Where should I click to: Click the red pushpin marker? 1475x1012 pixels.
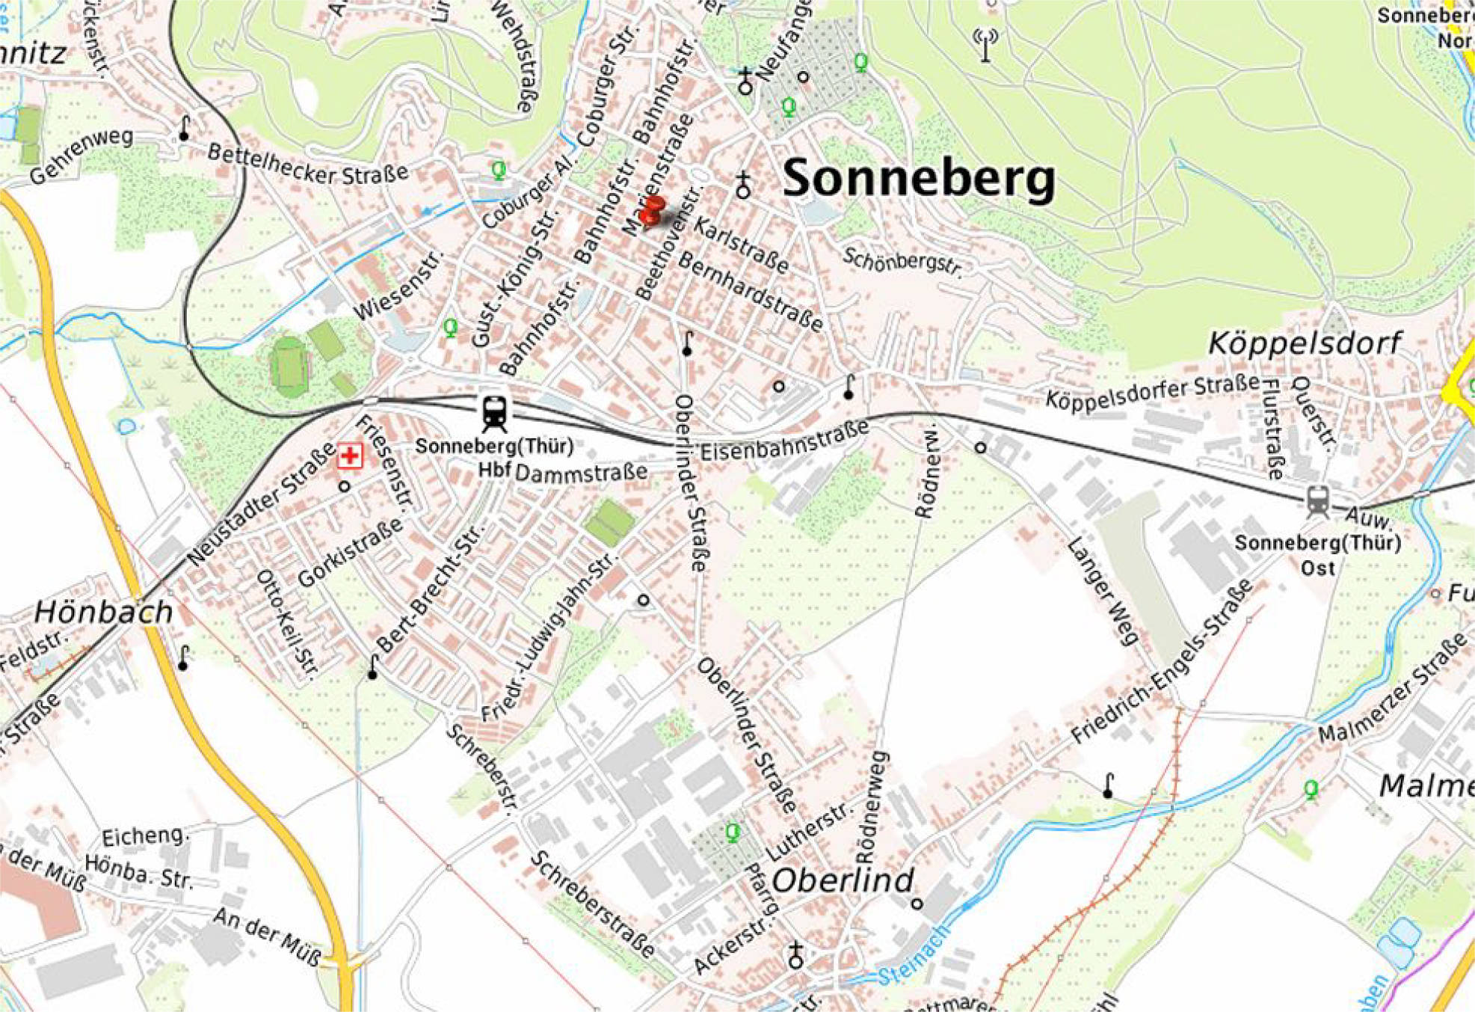(652, 209)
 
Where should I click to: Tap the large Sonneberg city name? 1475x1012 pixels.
(919, 179)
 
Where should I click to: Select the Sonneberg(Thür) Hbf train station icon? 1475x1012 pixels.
(494, 413)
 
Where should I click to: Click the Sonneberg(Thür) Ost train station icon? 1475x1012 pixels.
(1318, 502)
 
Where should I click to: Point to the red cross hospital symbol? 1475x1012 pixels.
(349, 455)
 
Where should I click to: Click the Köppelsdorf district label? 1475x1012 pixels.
(1305, 343)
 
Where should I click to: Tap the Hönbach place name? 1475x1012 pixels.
(104, 613)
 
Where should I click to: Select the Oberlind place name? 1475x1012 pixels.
(843, 880)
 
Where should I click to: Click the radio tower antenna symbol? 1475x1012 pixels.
(985, 45)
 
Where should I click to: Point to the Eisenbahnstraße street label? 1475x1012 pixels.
(784, 440)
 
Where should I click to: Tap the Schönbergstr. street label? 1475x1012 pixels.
(902, 261)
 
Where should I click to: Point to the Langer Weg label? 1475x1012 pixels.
(1102, 590)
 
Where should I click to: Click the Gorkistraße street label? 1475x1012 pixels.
(350, 552)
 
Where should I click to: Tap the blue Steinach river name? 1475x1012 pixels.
(912, 963)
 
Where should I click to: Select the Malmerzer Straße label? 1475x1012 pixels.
(1391, 689)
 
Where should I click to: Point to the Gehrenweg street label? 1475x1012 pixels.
(81, 155)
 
